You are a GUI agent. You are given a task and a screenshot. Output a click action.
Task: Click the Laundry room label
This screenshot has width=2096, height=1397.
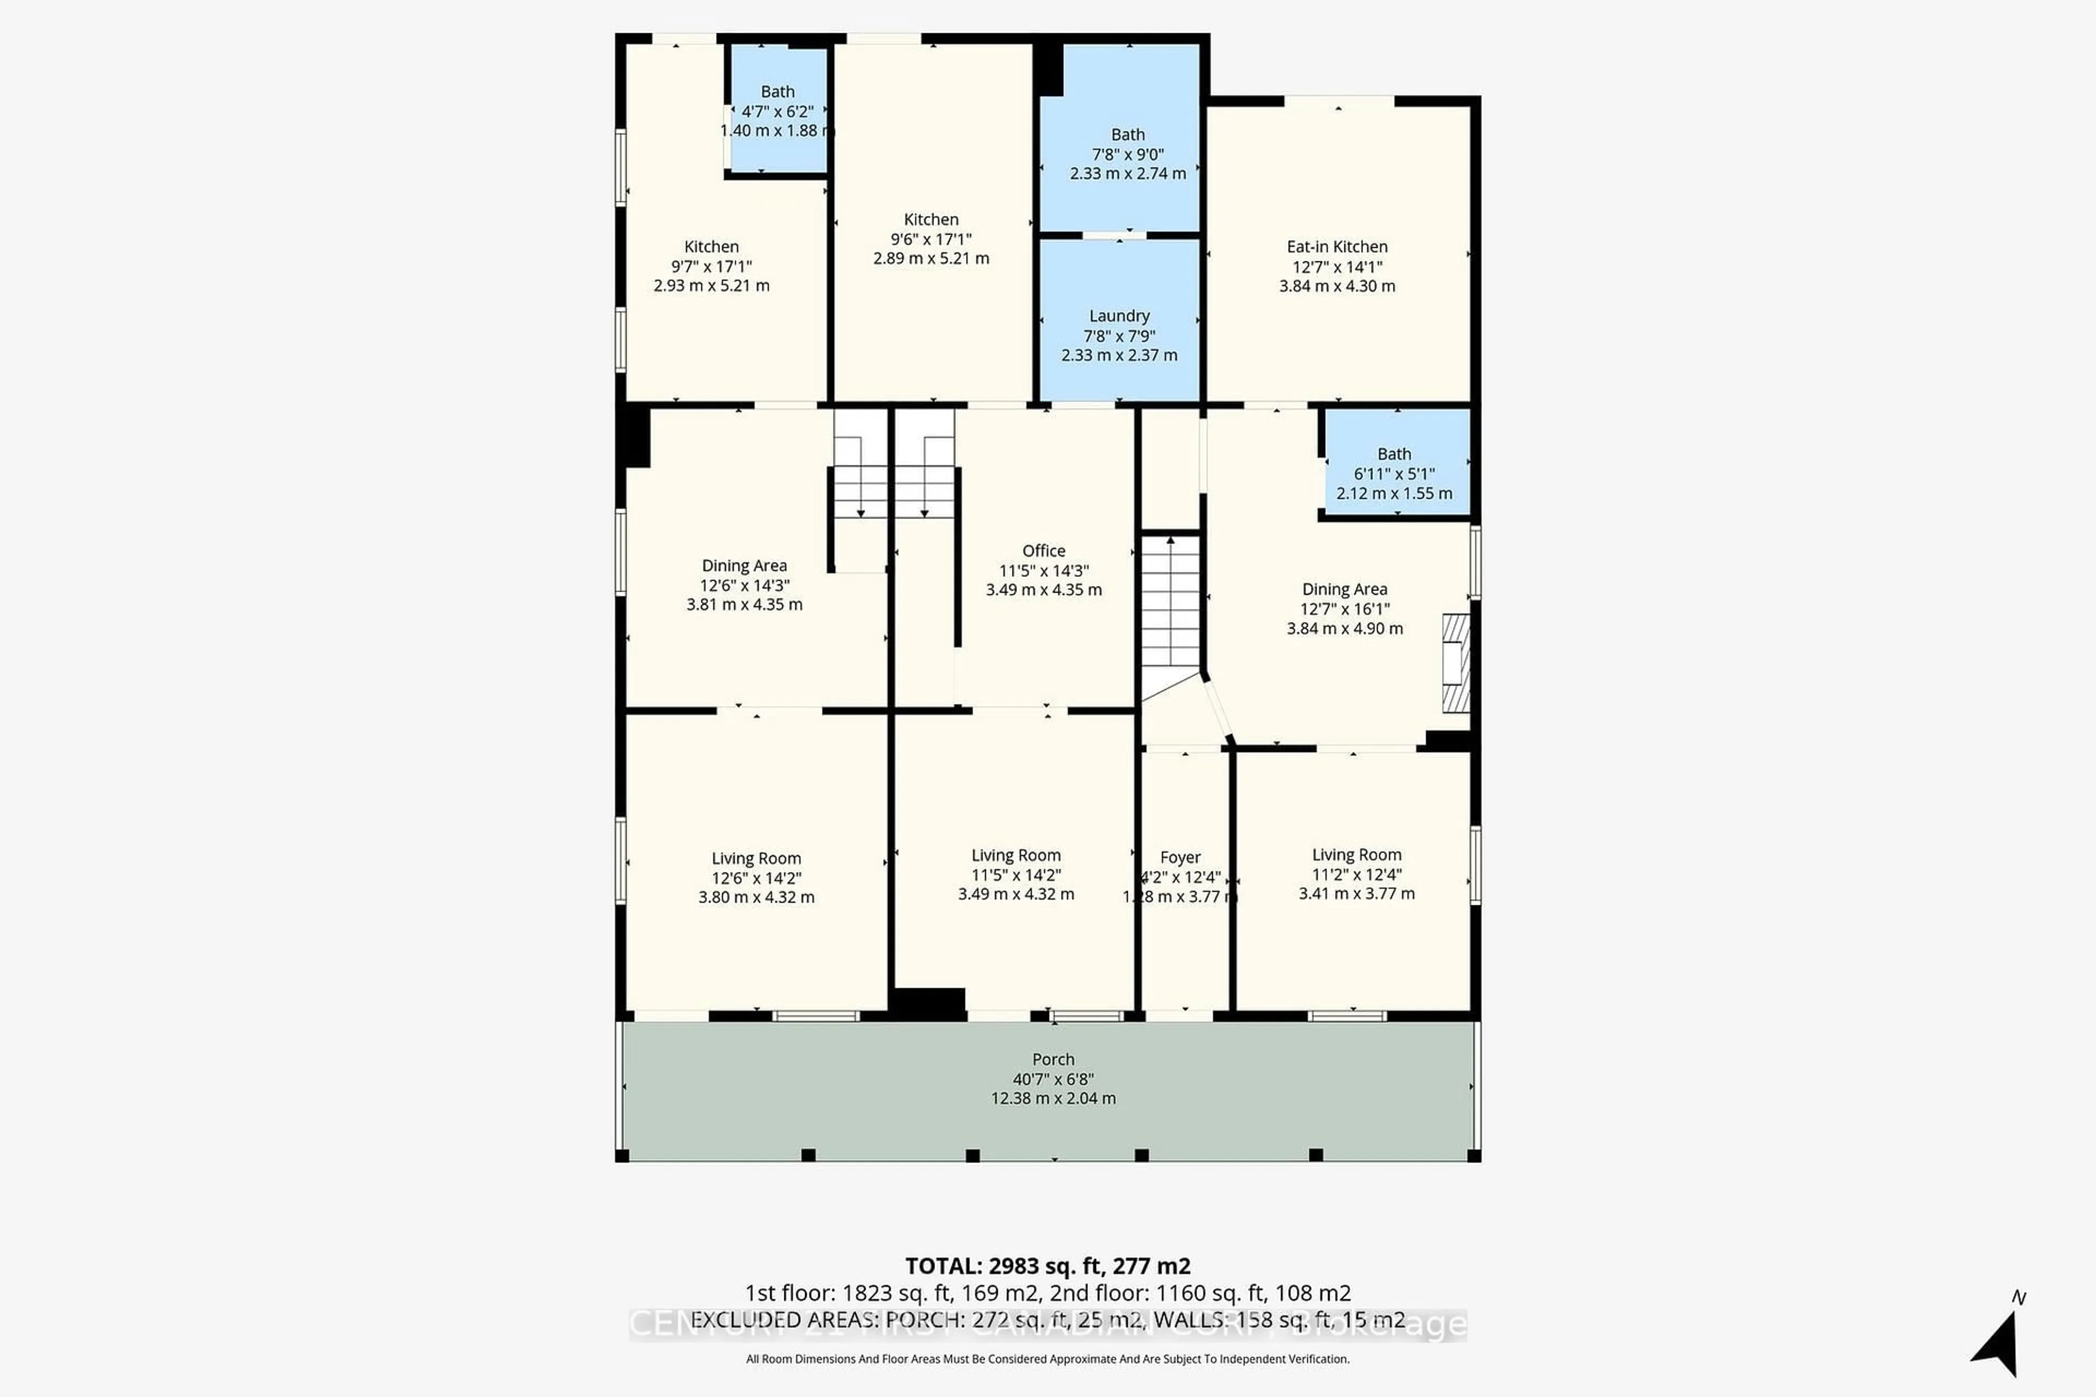pyautogui.click(x=1120, y=317)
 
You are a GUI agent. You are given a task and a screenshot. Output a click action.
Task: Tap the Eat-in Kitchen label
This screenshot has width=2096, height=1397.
pyautogui.click(x=1337, y=247)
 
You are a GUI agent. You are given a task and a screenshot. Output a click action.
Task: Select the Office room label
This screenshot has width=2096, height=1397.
pyautogui.click(x=1044, y=551)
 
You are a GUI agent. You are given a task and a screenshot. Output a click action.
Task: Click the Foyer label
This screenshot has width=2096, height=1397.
pyautogui.click(x=1180, y=857)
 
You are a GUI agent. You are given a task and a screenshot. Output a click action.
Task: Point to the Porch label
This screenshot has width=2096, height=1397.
pyautogui.click(x=1053, y=1059)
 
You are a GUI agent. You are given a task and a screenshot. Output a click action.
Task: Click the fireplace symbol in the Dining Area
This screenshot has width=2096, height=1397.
pyautogui.click(x=1455, y=663)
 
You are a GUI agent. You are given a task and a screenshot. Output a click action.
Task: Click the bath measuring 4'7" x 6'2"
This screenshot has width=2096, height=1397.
pyautogui.click(x=777, y=110)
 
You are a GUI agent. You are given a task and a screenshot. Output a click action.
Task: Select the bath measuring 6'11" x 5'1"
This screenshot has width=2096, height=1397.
pyautogui.click(x=1395, y=473)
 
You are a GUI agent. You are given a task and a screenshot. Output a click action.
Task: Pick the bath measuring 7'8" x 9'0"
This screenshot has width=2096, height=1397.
pyautogui.click(x=1127, y=153)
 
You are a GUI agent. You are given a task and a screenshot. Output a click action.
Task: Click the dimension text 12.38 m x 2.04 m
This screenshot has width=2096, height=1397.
pyautogui.click(x=1053, y=1099)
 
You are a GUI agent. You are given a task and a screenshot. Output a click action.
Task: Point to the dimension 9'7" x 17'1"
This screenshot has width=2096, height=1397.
pyautogui.click(x=711, y=266)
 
